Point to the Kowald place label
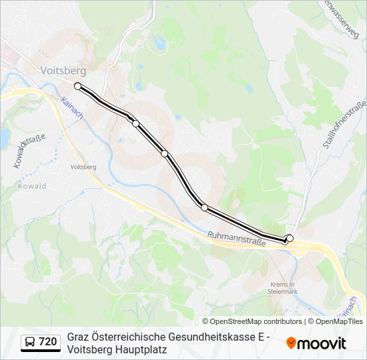(32, 186)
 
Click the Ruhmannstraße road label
(236, 239)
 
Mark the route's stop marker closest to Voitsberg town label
(78, 86)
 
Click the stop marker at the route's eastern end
(290, 238)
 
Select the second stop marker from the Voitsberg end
(135, 123)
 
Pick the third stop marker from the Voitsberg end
(165, 153)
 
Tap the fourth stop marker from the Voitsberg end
(204, 207)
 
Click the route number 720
(47, 342)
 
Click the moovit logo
(316, 343)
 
